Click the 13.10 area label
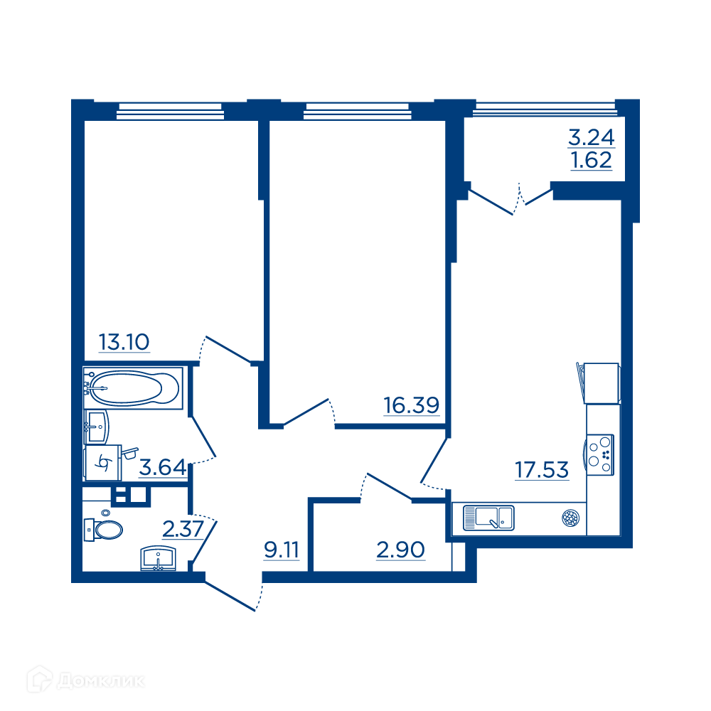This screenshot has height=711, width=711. click(x=124, y=342)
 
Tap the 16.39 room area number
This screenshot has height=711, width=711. click(x=412, y=405)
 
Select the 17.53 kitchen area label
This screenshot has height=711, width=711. click(x=542, y=470)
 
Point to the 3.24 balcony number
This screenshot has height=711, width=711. click(x=592, y=137)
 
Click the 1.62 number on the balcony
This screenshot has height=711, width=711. click(x=592, y=160)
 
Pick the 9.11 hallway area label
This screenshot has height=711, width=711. click(x=282, y=550)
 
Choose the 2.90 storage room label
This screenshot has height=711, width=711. click(x=400, y=550)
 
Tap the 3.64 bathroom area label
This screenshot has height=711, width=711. click(x=162, y=468)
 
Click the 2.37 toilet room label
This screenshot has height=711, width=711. click(x=183, y=529)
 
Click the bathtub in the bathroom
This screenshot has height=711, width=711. click(x=134, y=388)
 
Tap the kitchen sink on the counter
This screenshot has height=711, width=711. click(x=488, y=518)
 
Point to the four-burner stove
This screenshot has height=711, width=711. click(x=600, y=455)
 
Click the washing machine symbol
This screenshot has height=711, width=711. click(x=103, y=463)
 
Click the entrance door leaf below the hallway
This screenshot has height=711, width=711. click(x=230, y=596)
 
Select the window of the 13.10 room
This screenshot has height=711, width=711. click(x=170, y=112)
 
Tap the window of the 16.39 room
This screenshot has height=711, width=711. click(x=358, y=112)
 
